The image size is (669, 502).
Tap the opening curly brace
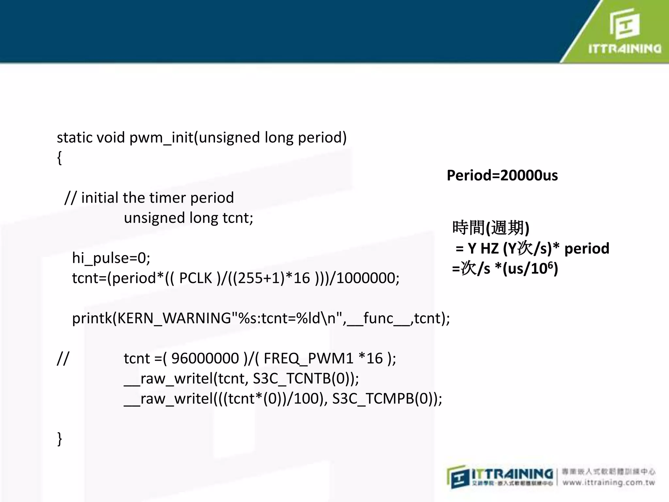59,158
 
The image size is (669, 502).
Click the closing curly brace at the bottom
59,439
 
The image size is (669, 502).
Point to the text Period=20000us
502,176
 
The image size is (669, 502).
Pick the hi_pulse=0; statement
111,258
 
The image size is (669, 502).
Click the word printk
92,318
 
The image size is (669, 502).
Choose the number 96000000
205,359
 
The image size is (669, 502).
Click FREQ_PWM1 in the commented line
308,359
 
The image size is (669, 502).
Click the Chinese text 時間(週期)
491,228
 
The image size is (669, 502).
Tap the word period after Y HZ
587,249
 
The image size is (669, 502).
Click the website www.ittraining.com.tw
609,483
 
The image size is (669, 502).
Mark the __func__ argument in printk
378,318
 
